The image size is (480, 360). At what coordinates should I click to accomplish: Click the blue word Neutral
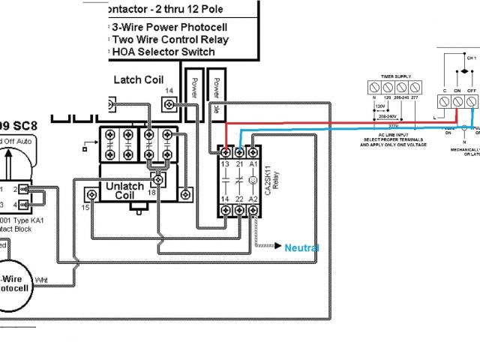tap(302, 248)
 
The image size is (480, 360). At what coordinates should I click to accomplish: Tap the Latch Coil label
tap(138, 79)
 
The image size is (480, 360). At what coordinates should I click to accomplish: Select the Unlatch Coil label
tap(124, 190)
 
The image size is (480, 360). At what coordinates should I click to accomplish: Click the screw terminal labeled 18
tap(158, 181)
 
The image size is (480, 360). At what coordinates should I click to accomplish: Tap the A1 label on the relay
tap(253, 164)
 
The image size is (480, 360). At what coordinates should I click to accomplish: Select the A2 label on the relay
tap(253, 198)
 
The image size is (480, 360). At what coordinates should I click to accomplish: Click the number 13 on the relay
tap(225, 164)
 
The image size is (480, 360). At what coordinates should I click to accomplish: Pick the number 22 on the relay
tap(239, 198)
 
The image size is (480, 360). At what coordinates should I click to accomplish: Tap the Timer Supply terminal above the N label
tap(373, 87)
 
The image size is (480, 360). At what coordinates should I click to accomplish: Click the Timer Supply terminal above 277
tap(414, 87)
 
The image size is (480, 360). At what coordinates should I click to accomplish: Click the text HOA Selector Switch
tap(163, 52)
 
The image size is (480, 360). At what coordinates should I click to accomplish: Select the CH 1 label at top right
tap(470, 58)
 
